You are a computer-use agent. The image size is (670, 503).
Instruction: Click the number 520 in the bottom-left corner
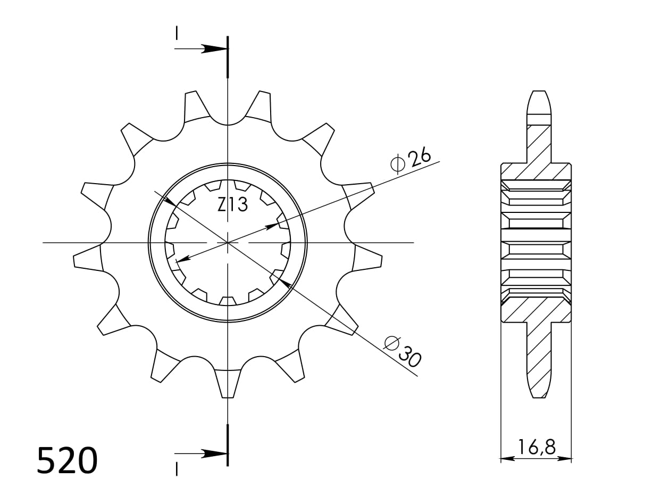[x=67, y=461]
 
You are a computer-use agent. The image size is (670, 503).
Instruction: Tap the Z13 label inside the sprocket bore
[x=232, y=204]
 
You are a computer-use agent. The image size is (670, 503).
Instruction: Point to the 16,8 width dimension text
[x=536, y=447]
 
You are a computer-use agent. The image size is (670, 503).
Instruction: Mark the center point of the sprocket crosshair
[x=228, y=243]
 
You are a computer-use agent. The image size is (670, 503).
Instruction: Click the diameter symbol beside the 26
[x=398, y=164]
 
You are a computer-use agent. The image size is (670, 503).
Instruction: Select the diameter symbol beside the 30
[x=392, y=343]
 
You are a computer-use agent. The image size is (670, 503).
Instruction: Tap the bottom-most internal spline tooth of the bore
[x=228, y=301]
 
